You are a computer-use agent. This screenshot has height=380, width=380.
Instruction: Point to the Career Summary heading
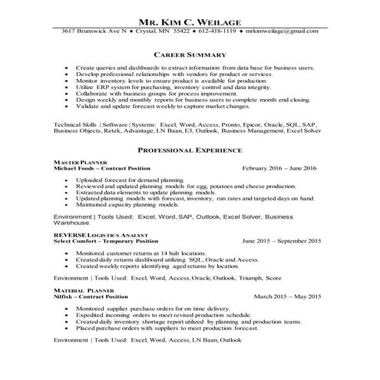(x=190, y=55)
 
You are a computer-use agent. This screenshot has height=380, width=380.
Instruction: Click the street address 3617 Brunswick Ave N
(x=94, y=31)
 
